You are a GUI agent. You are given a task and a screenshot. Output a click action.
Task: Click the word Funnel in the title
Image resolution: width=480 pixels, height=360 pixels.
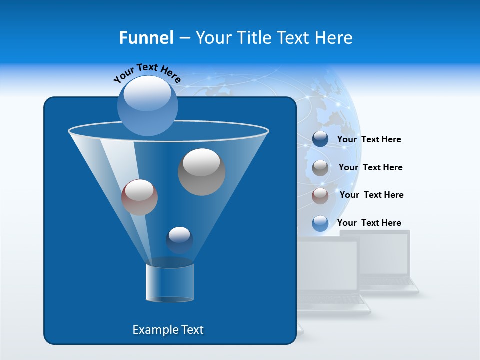pos(146,38)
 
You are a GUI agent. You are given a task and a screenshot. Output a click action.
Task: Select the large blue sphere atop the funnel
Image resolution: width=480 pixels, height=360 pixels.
pos(148,105)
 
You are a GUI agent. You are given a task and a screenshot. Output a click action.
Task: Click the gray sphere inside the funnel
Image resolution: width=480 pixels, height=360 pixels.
pos(201,172)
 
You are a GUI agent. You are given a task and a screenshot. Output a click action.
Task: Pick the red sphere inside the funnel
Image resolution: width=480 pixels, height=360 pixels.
pos(139,197)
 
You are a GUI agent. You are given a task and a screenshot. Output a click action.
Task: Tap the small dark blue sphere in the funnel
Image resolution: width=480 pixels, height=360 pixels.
pos(179,240)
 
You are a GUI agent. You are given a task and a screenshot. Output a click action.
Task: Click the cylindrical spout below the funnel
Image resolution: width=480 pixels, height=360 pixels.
pos(169,283)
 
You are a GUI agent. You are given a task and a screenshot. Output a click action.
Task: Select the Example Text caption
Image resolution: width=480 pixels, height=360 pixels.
pos(168,330)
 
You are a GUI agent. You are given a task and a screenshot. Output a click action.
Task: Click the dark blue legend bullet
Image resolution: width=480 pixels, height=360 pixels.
pos(320,139)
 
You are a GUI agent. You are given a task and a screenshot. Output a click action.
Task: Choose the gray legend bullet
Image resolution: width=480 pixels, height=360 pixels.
pos(320,167)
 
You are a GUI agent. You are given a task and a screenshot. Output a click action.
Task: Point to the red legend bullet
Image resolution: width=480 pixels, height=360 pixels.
pos(320,195)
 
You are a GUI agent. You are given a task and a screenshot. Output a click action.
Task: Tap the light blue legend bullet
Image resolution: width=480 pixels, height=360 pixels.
pos(320,223)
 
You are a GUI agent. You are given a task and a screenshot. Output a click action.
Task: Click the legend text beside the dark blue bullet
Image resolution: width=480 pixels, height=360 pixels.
pos(369,139)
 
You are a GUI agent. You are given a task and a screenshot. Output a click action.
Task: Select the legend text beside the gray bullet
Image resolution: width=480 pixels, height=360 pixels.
pos(370,167)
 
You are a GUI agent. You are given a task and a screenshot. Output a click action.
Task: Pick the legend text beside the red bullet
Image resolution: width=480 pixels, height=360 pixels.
pos(371,195)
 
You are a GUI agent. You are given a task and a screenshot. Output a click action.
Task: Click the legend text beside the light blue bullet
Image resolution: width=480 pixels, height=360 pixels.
pos(369,223)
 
